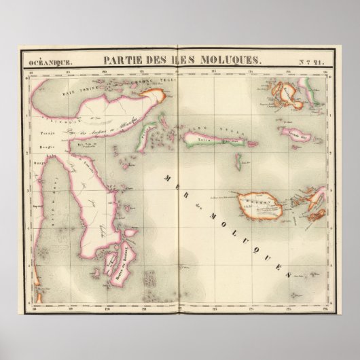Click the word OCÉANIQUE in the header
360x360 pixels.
[50, 63]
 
